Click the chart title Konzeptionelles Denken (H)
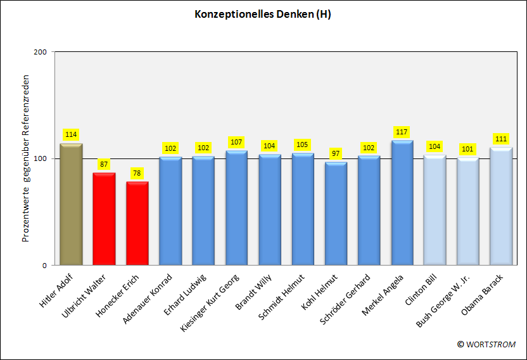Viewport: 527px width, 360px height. click(x=263, y=15)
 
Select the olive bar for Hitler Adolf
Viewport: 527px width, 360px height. click(x=71, y=204)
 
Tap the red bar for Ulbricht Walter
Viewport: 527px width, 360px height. click(x=104, y=219)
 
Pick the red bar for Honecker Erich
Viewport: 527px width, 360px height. click(x=137, y=223)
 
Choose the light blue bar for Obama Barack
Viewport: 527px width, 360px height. click(x=500, y=206)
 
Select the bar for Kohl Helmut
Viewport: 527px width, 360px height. click(x=336, y=214)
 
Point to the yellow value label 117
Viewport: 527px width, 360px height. click(x=402, y=132)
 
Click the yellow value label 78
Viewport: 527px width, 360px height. click(x=137, y=174)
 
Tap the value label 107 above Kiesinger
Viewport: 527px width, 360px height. click(x=236, y=142)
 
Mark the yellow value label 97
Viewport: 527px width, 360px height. click(x=336, y=153)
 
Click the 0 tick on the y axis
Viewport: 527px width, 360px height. click(x=44, y=265)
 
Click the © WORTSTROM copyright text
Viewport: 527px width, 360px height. click(x=486, y=344)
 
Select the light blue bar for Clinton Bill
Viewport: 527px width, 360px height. click(x=435, y=210)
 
